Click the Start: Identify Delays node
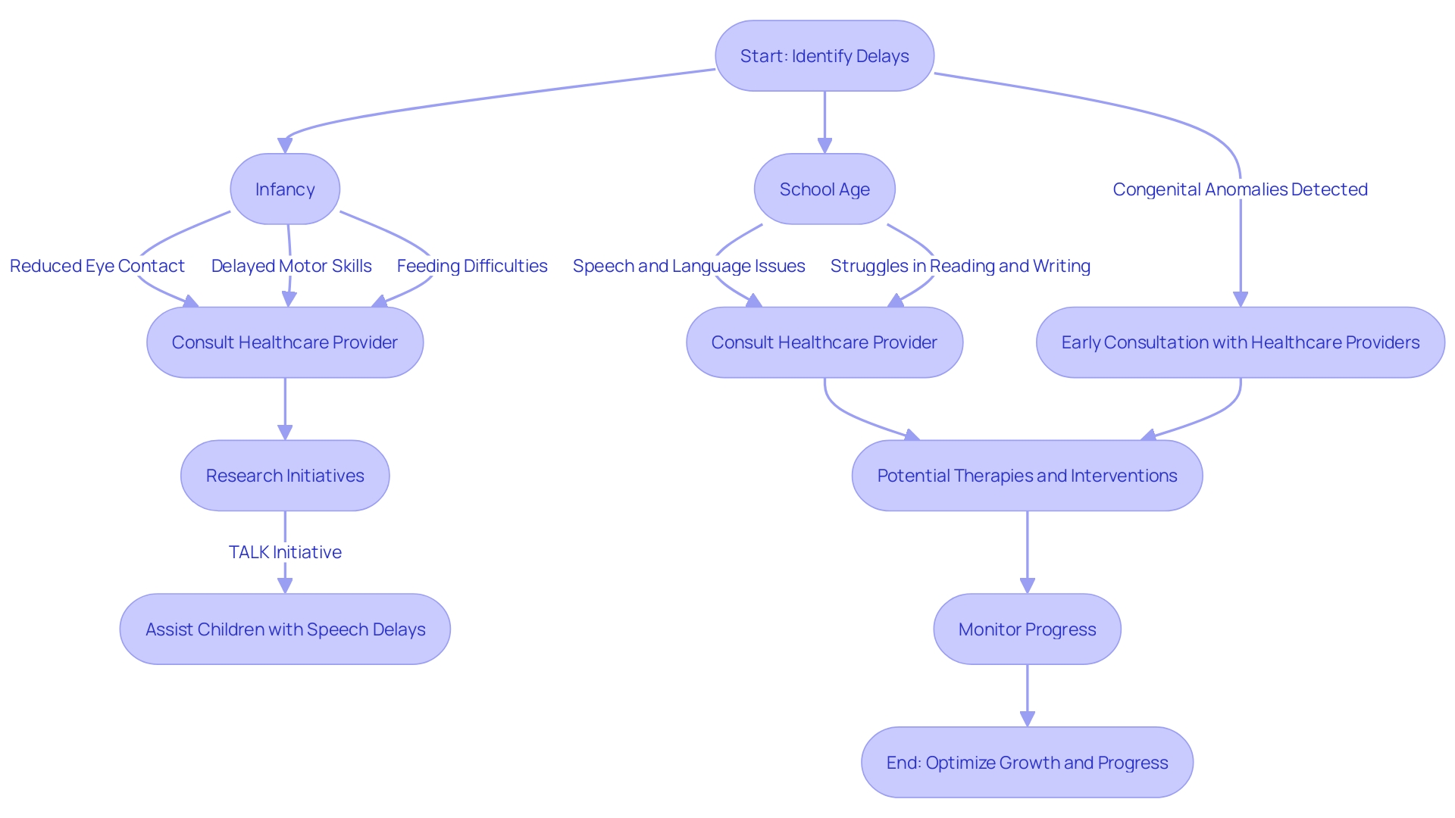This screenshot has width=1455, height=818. (x=824, y=56)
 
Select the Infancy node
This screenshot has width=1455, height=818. (x=285, y=189)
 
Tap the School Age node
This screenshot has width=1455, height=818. (x=824, y=189)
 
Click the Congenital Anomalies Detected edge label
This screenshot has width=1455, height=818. (x=1240, y=189)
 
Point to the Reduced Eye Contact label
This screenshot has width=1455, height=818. (x=97, y=266)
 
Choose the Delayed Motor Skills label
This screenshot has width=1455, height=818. (x=291, y=266)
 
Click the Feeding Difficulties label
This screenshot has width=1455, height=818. (x=471, y=266)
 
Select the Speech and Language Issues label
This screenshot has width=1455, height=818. (x=688, y=266)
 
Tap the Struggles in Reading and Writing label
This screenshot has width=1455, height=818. (x=959, y=266)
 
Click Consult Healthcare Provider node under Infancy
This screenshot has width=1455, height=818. (x=285, y=342)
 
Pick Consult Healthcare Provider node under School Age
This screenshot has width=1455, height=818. (x=824, y=342)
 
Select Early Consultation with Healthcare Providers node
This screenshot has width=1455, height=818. (x=1240, y=342)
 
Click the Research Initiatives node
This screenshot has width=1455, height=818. (x=285, y=476)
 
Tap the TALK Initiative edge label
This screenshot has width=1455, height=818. (x=285, y=552)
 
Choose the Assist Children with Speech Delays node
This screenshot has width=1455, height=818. (x=285, y=629)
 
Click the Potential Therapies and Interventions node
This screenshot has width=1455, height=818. (x=1027, y=476)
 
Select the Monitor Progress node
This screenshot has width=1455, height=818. (x=1027, y=629)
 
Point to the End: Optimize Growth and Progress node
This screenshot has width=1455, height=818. (x=1027, y=763)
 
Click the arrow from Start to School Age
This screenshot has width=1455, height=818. (x=824, y=121)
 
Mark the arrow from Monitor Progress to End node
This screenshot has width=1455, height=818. (x=1027, y=695)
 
